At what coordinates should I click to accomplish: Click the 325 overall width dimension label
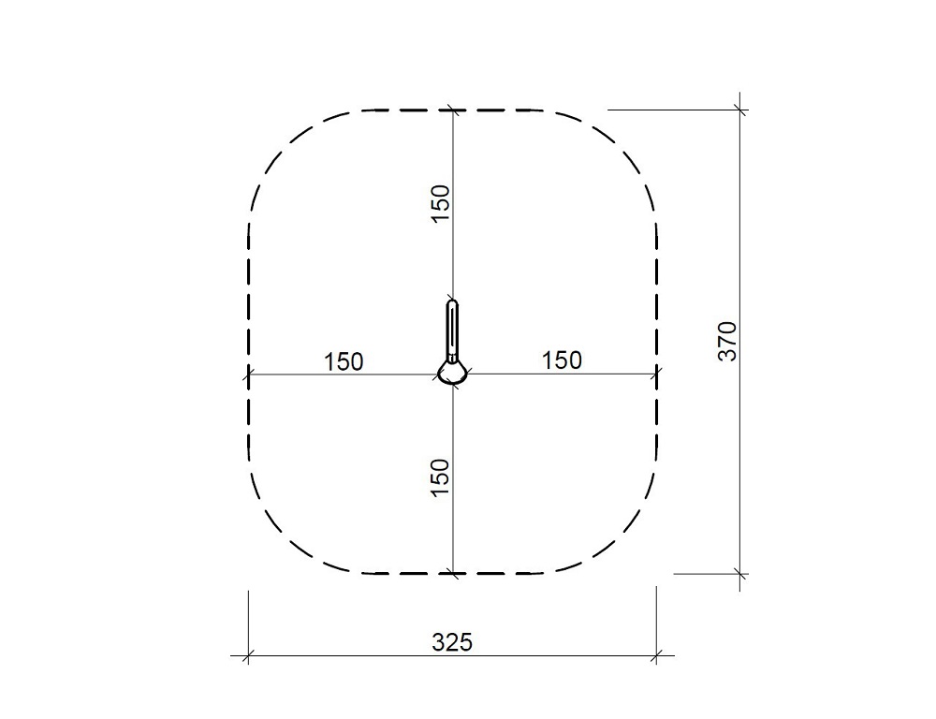(x=452, y=642)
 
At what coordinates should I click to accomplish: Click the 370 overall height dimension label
(x=727, y=341)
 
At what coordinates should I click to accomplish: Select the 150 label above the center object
(x=440, y=204)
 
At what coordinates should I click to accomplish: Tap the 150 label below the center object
(x=439, y=477)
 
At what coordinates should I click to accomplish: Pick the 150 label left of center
(x=344, y=362)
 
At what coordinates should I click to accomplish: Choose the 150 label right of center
(x=562, y=360)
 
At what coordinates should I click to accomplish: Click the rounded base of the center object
(x=452, y=374)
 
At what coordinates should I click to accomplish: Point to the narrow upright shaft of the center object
(x=452, y=330)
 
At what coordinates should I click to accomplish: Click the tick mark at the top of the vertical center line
(x=453, y=110)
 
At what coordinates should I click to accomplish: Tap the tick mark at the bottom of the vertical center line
(x=453, y=574)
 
